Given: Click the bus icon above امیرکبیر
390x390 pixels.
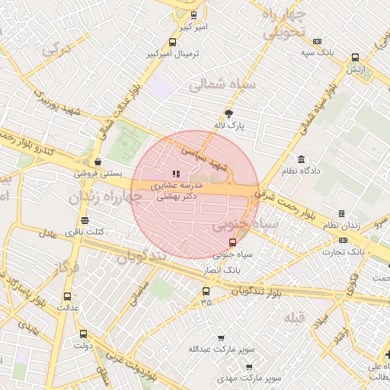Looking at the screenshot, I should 193,15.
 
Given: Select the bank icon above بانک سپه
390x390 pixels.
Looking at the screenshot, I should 318,41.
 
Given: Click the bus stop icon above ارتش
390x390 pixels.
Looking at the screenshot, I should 355,57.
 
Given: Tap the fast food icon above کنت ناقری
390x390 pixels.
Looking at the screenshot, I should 85,220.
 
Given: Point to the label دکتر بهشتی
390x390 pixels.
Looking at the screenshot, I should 177,196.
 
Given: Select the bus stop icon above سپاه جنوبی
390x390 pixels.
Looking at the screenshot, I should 233,244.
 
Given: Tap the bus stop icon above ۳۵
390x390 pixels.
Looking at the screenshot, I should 206,291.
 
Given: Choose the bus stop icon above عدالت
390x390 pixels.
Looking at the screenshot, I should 67,296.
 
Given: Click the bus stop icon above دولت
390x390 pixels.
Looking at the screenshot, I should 82,334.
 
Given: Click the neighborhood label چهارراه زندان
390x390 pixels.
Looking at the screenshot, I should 105,198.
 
